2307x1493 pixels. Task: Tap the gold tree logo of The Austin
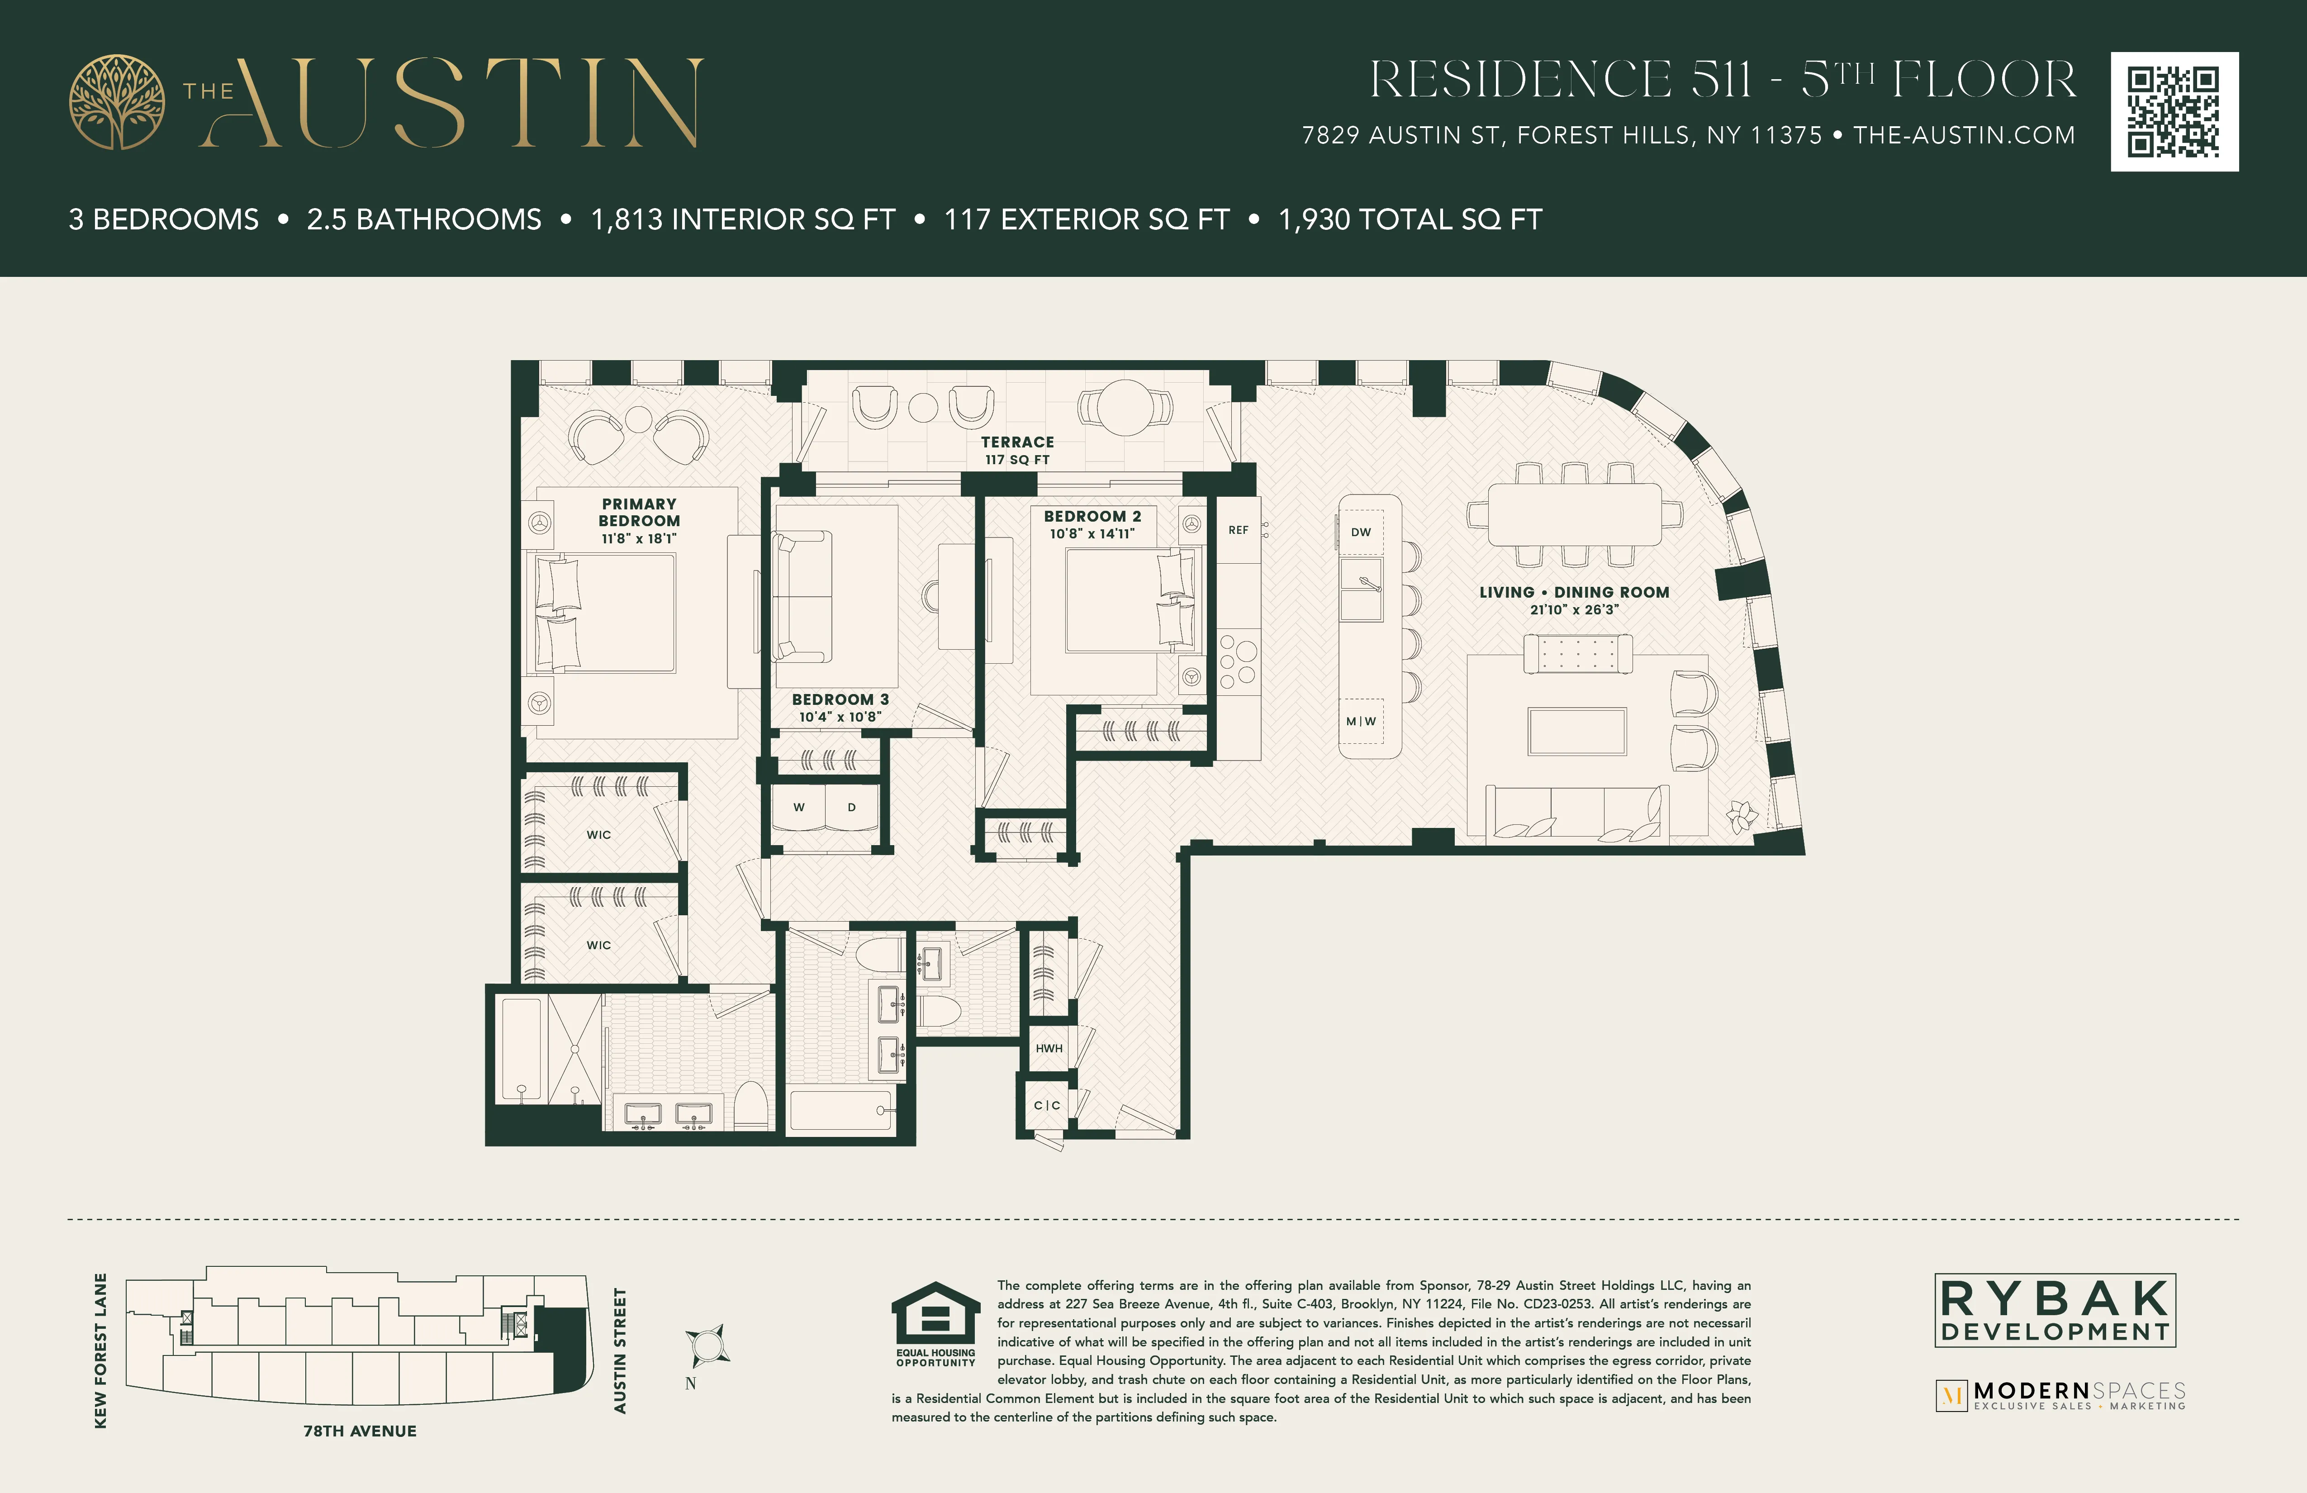coord(116,102)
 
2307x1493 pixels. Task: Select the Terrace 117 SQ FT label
coord(1017,450)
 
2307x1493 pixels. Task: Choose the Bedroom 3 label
coord(840,699)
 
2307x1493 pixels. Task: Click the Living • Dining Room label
coord(1573,592)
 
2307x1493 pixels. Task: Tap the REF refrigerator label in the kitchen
coord(1238,530)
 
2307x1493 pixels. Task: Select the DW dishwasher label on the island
coord(1361,532)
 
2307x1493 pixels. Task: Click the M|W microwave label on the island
coord(1361,721)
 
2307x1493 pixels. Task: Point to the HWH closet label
coord(1049,1048)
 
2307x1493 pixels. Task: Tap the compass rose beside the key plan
coord(707,1346)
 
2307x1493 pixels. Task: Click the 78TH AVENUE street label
coord(360,1431)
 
